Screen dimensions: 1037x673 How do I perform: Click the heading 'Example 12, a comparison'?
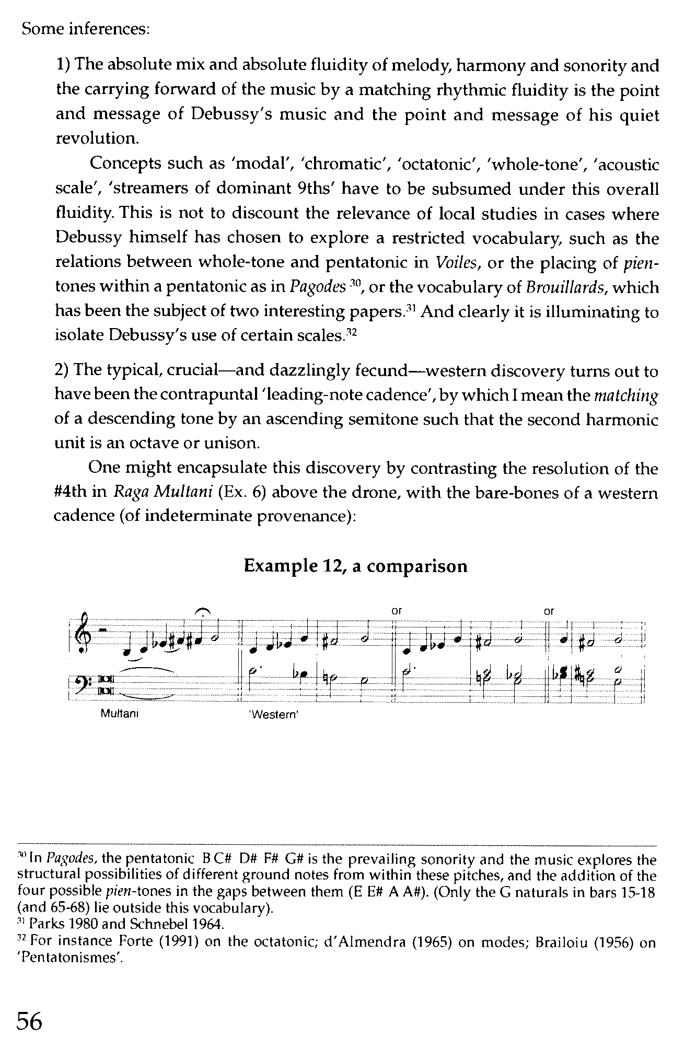(x=355, y=566)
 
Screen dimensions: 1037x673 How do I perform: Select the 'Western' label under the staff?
(x=274, y=714)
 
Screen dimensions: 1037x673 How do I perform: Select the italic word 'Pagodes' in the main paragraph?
(x=318, y=287)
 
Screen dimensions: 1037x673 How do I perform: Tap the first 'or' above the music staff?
(x=397, y=610)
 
